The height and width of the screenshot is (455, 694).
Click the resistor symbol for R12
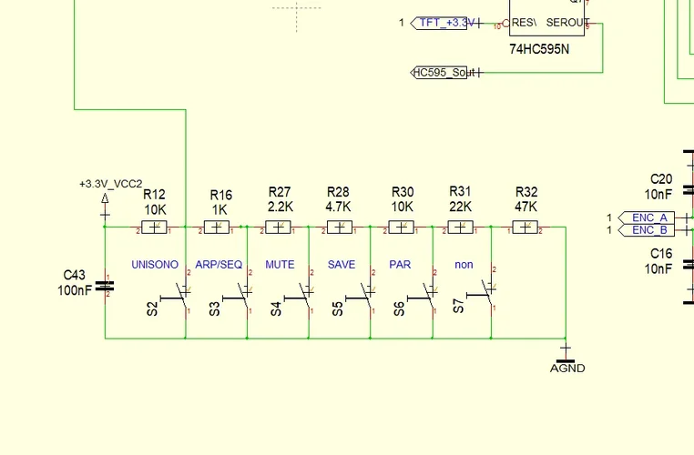[x=155, y=227]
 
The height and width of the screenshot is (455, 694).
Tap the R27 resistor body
[x=281, y=227]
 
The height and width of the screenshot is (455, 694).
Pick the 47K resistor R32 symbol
[x=526, y=227]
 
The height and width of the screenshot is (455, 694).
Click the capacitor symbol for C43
[x=106, y=287]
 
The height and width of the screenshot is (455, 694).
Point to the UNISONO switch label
[x=155, y=265]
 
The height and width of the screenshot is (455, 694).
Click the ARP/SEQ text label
[x=219, y=265]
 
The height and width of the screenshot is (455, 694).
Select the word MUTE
[x=280, y=265]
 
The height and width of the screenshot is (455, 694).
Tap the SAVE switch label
[x=342, y=265]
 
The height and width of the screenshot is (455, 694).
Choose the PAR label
[x=400, y=265]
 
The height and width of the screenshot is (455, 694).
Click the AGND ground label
[x=567, y=368]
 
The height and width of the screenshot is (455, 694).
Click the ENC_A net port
[x=648, y=217]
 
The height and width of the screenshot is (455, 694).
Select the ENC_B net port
[x=648, y=230]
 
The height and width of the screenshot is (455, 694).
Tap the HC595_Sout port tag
[x=445, y=72]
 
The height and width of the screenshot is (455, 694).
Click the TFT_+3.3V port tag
[x=442, y=22]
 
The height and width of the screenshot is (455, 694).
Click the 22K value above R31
[x=461, y=207]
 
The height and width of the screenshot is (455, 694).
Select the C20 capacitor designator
[x=661, y=178]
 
